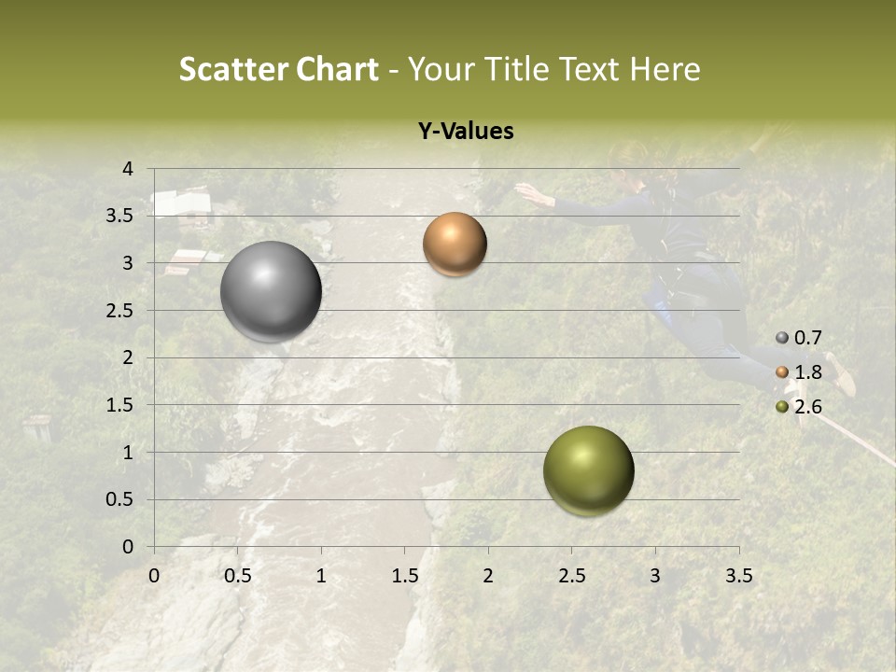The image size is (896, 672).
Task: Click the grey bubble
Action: click(x=271, y=291)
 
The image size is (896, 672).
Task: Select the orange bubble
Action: click(x=455, y=245)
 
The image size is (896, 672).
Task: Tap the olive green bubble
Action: click(x=588, y=470)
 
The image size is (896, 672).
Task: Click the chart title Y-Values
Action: click(x=465, y=132)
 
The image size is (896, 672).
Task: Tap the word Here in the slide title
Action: click(x=665, y=69)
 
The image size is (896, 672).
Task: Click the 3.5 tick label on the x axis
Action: click(x=738, y=576)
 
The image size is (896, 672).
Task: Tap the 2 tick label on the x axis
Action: click(x=488, y=576)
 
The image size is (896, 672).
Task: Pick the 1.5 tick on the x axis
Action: click(x=404, y=576)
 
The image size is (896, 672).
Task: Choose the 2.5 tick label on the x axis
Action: click(x=571, y=576)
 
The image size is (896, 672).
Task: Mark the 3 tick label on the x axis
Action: click(x=655, y=576)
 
